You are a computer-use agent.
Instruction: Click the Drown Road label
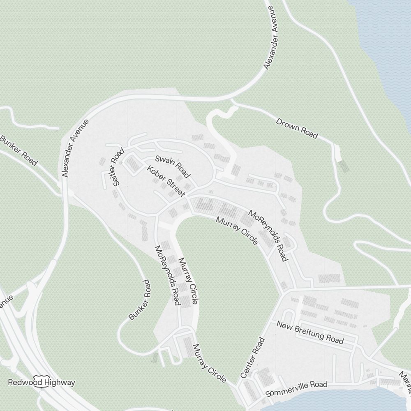click(x=297, y=128)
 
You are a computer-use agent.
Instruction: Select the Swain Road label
click(x=173, y=166)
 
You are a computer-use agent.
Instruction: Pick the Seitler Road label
click(x=118, y=167)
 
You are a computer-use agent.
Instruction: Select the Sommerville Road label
click(x=296, y=388)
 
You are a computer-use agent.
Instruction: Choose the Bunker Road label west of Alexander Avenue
click(x=18, y=150)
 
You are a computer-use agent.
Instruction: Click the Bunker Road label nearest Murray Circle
click(x=139, y=300)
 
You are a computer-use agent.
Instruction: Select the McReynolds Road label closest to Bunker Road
click(x=168, y=275)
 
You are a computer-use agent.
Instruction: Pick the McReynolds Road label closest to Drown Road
click(x=268, y=236)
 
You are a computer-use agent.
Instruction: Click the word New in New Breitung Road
click(x=284, y=325)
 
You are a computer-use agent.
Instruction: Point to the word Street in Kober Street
click(x=175, y=188)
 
